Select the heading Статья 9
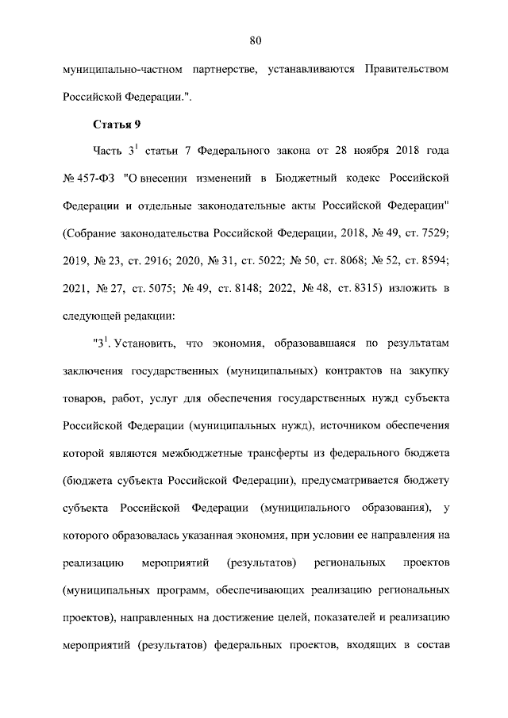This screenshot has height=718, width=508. pyautogui.click(x=117, y=124)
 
